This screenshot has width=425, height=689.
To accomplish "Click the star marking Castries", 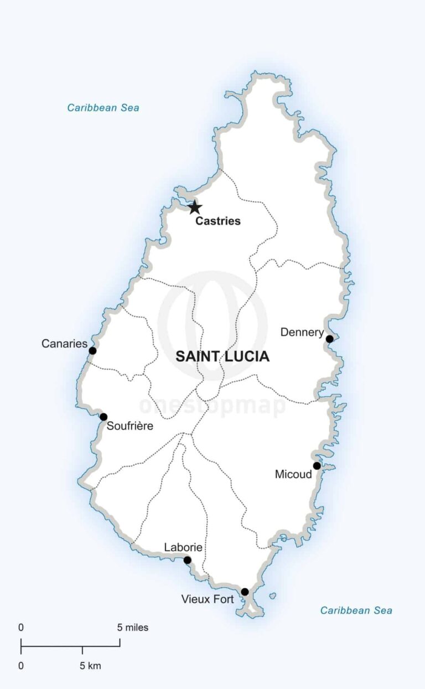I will (x=194, y=208).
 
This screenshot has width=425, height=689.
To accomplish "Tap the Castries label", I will (x=218, y=221).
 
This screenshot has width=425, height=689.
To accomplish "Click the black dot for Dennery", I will (x=330, y=339).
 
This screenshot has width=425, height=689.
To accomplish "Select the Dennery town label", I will (x=302, y=333).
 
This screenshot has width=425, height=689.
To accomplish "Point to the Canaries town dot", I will (x=92, y=350).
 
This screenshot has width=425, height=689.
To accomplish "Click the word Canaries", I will (x=64, y=344).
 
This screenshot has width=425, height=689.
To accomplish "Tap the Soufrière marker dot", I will (x=103, y=417).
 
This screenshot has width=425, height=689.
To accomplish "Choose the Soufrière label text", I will (x=129, y=426).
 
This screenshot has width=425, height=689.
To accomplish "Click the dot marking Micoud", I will (x=317, y=465).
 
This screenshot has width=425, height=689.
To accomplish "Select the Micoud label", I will (x=293, y=474).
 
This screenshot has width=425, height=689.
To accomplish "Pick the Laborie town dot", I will (x=187, y=560).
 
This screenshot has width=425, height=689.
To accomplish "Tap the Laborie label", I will (x=183, y=548).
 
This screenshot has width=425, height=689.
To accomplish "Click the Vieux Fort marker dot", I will (x=245, y=592).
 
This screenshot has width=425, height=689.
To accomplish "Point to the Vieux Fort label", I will (x=208, y=599).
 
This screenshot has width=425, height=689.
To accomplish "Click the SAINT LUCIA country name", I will (x=222, y=357).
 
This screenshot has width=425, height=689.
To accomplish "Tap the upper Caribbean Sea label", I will (x=103, y=107).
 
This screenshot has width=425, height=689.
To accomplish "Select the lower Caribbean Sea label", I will (x=356, y=610).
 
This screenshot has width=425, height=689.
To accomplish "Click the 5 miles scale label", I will (x=133, y=628).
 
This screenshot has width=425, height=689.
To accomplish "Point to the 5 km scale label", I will (x=90, y=666).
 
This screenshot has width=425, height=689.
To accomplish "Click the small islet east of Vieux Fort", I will (x=273, y=596).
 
